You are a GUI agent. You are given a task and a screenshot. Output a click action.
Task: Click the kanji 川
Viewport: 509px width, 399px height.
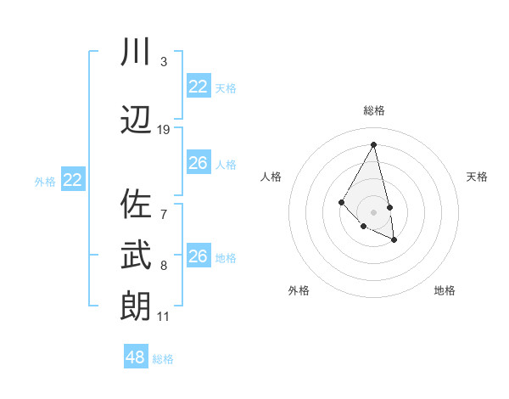136,53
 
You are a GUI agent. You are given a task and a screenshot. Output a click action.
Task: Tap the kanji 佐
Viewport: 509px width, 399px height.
136,205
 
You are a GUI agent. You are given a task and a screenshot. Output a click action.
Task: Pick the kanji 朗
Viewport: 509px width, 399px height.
136,306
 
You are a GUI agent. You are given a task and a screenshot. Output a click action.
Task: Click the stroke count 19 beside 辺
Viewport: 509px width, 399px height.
164,130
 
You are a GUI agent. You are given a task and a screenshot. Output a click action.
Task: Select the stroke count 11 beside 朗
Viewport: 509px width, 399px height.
164,317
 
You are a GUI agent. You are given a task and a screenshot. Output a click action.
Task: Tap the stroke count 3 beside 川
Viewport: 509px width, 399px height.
164,62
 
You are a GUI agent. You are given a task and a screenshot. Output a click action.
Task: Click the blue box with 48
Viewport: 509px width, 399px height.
136,357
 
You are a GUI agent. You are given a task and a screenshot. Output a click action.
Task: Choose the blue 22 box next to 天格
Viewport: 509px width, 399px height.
198,86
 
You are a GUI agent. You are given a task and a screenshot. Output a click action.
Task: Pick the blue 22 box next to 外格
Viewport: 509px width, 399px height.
73,179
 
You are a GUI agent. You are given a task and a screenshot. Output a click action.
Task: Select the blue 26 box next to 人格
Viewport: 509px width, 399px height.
198,162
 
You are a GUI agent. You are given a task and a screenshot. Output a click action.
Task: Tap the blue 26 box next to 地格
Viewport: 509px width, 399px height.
198,256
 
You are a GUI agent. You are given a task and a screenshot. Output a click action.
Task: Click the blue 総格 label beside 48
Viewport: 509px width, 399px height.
164,359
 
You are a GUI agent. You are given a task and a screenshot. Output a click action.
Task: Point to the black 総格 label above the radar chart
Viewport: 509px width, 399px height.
374,110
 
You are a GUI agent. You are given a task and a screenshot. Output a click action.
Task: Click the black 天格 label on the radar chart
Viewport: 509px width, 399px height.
478,177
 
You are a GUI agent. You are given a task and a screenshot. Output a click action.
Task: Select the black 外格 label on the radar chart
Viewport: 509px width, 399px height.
299,290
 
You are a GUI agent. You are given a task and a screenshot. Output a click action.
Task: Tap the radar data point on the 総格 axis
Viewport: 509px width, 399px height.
374,143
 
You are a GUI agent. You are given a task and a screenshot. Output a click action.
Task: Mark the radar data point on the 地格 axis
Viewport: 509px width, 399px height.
394,240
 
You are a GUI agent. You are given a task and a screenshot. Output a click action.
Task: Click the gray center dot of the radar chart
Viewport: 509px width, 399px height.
374,211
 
